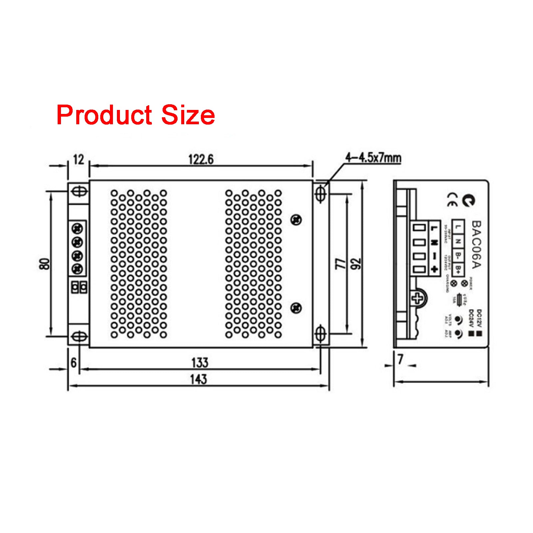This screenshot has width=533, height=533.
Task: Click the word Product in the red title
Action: click(104, 115)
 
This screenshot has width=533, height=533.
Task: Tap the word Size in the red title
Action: click(188, 115)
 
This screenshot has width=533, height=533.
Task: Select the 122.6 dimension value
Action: click(201, 159)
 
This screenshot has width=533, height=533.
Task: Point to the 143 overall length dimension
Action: click(199, 379)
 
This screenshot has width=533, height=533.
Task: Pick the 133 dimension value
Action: click(200, 362)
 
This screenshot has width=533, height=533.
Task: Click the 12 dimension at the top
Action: click(79, 160)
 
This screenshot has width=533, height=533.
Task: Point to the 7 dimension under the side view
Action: click(400, 359)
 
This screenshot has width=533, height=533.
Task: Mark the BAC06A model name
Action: click(476, 245)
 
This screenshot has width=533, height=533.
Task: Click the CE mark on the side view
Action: click(452, 199)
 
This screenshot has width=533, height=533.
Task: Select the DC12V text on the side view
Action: click(479, 318)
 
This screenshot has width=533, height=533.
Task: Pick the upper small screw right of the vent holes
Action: click(296, 220)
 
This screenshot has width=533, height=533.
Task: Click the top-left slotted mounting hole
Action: click(80, 192)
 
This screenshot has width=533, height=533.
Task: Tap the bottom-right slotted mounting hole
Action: click(320, 334)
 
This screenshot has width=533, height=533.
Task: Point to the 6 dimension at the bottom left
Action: click(74, 362)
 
